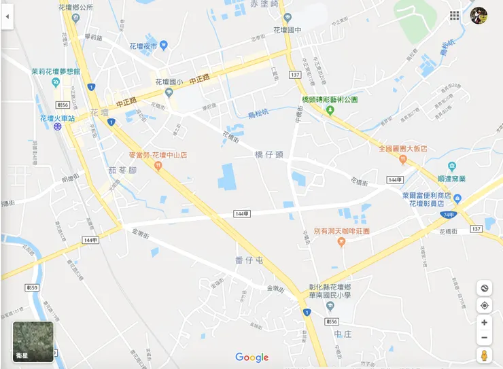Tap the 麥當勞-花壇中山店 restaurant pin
tap(158, 166)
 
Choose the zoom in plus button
tap(484, 322)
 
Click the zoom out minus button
tap(484, 338)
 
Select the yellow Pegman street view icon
tap(484, 355)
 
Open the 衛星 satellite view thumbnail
tap(33, 341)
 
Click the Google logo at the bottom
tap(252, 357)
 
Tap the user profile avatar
tap(479, 16)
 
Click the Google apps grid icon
tap(454, 16)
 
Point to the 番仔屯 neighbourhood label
tap(249, 260)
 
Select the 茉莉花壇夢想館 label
tap(56, 71)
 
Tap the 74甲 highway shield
tap(447, 215)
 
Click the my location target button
tap(484, 306)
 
